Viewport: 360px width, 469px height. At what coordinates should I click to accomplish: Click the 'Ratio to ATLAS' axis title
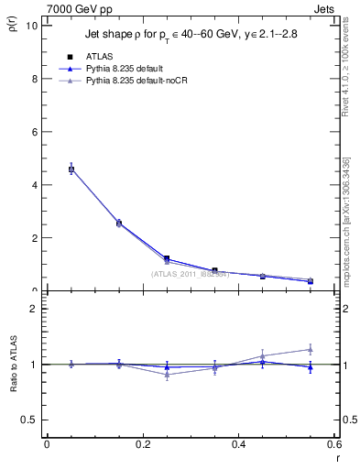pyautogui.click(x=12, y=365)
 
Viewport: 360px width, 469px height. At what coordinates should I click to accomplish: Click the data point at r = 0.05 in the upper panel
pyautogui.click(x=71, y=169)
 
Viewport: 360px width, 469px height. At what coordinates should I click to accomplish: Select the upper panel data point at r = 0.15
pyautogui.click(x=119, y=223)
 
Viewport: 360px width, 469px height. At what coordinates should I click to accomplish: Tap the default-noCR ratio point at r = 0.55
pyautogui.click(x=311, y=348)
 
